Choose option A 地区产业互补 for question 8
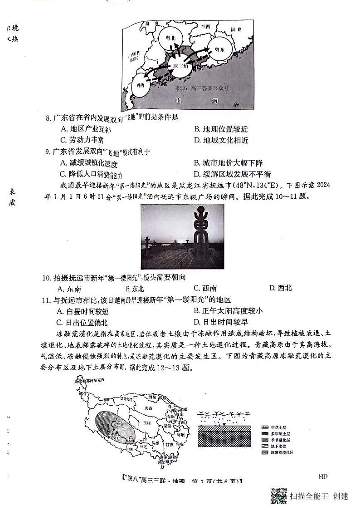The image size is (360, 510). [x=86, y=129]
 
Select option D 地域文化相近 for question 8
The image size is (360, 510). [x=221, y=140]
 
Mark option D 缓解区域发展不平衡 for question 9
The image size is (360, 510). [x=232, y=174]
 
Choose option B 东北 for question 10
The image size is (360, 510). [x=135, y=288]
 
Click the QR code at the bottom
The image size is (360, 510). [x=278, y=496]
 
